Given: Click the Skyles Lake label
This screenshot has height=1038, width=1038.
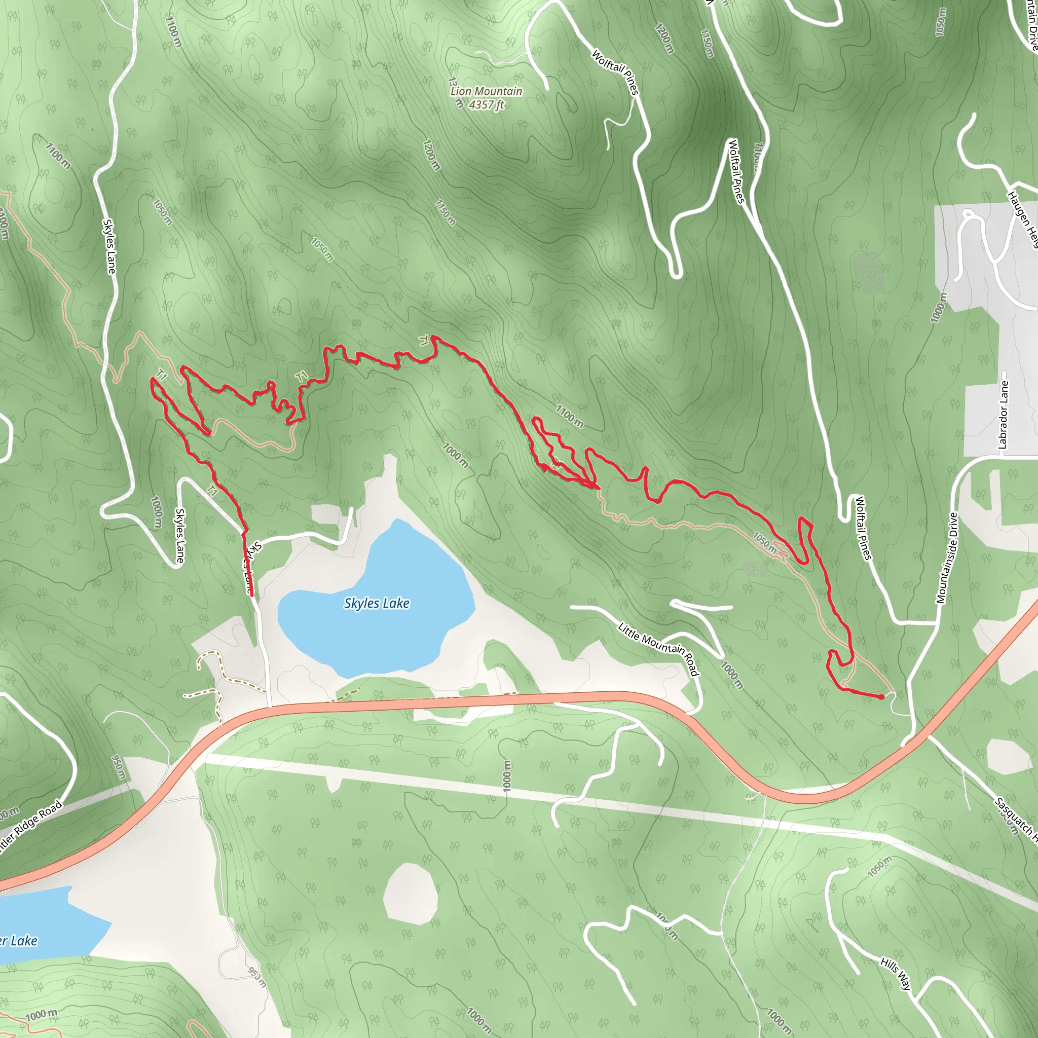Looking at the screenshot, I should (376, 603).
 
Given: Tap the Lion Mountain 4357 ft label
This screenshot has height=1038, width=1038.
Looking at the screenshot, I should (486, 98).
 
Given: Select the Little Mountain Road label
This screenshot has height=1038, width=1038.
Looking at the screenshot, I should (658, 648).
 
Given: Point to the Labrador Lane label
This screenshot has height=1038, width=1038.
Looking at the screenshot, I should (1003, 415).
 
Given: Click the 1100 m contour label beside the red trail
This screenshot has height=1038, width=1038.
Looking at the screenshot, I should (569, 417).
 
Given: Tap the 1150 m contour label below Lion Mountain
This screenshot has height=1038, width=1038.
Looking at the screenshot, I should (445, 213).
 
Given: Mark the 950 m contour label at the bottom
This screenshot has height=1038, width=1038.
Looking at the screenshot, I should (257, 977).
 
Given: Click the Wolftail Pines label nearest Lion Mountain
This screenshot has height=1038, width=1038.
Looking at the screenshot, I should (616, 72).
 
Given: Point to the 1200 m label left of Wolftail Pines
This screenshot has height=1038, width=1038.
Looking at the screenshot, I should (664, 38).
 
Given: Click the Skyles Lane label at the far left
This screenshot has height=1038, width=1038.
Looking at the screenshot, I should (109, 246).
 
